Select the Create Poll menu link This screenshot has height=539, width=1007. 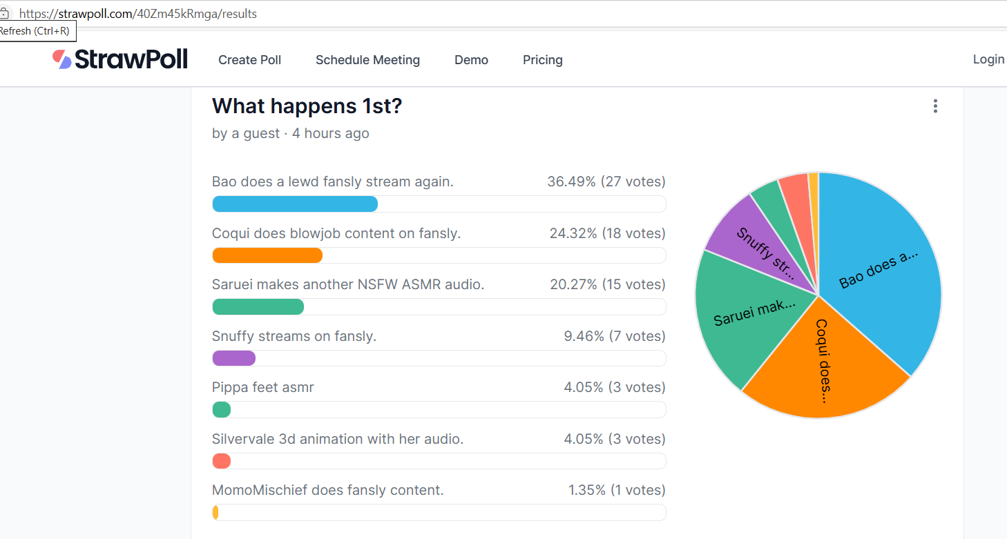pyautogui.click(x=249, y=60)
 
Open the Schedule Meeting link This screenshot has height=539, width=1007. pyautogui.click(x=367, y=60)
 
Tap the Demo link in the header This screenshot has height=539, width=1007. pyautogui.click(x=471, y=60)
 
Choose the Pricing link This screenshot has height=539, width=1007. pyautogui.click(x=542, y=60)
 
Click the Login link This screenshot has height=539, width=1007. pyautogui.click(x=988, y=59)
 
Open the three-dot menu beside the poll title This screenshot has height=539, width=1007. pyautogui.click(x=935, y=106)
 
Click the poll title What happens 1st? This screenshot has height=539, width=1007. pyautogui.click(x=307, y=106)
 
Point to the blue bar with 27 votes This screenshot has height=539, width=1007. pyautogui.click(x=295, y=204)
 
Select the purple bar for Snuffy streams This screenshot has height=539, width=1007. pyautogui.click(x=233, y=358)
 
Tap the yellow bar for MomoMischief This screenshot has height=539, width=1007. pyautogui.click(x=215, y=513)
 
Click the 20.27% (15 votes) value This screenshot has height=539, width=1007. pyautogui.click(x=607, y=284)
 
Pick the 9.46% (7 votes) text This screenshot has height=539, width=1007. pyautogui.click(x=614, y=336)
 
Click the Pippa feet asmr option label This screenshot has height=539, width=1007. pyautogui.click(x=262, y=387)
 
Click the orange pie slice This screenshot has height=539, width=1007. pyautogui.click(x=822, y=366)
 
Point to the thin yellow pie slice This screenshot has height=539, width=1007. pyautogui.click(x=814, y=181)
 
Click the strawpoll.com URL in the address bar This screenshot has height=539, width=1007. pyautogui.click(x=137, y=14)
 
